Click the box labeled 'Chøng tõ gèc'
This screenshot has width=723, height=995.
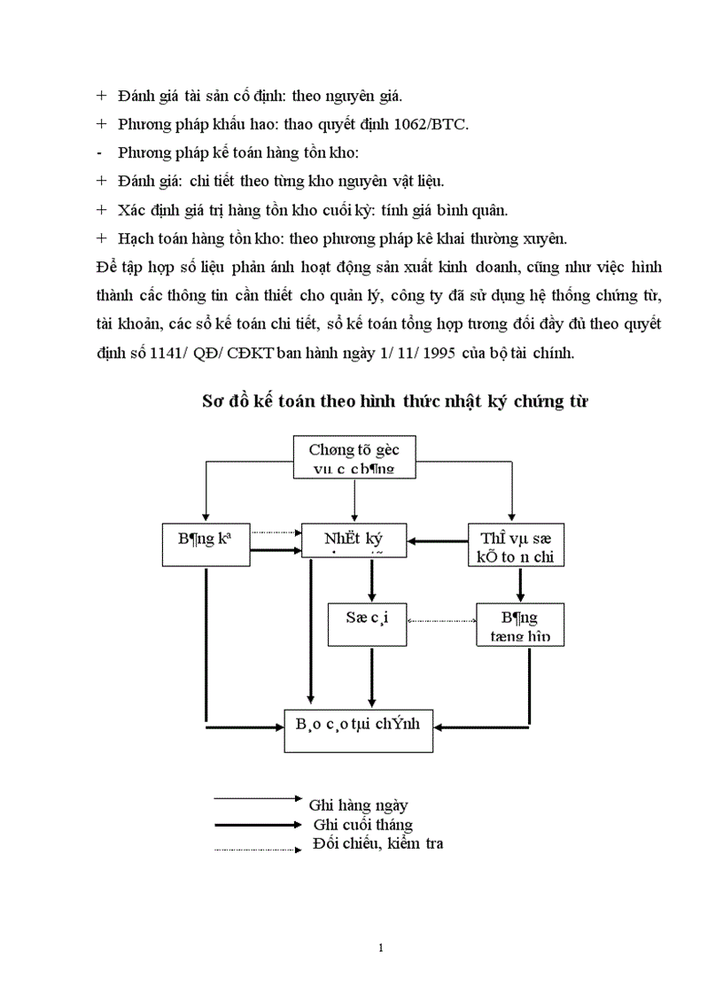[x=354, y=459]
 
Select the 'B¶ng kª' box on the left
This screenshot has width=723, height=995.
[x=206, y=540]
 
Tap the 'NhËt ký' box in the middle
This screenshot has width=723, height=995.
[x=354, y=540]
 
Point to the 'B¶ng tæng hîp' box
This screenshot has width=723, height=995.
[x=520, y=625]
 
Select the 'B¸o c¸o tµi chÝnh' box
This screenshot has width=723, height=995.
[x=359, y=729]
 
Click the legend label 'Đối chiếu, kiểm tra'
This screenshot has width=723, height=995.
[x=378, y=843]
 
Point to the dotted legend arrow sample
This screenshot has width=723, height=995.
[x=257, y=851]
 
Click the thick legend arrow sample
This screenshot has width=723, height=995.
[x=257, y=824]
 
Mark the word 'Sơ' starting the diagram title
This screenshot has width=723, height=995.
[x=212, y=402]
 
